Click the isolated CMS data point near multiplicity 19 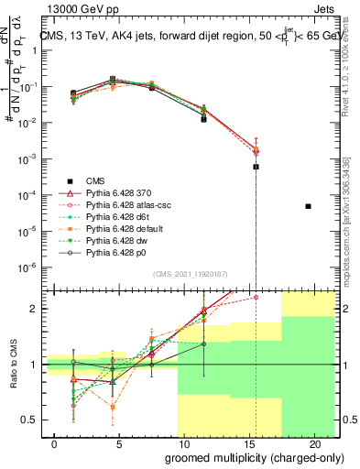click(x=308, y=206)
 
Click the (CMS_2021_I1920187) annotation click(x=191, y=273)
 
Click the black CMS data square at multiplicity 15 click(x=256, y=167)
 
